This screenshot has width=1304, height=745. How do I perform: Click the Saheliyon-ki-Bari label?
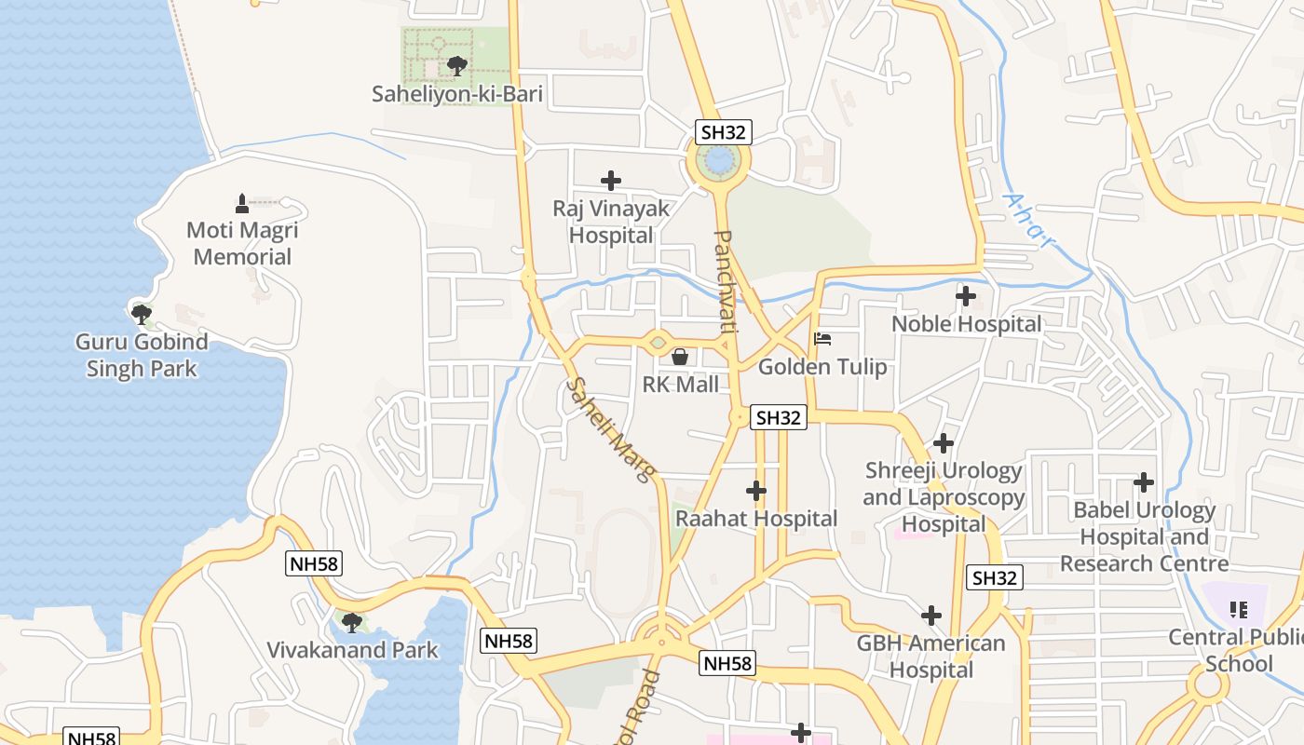(x=456, y=94)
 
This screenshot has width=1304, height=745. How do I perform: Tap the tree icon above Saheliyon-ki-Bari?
(x=456, y=65)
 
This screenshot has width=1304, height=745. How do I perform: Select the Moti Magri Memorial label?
(x=242, y=243)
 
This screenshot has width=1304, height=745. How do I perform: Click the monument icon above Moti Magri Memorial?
(x=242, y=203)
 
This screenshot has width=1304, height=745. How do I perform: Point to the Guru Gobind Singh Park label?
(x=142, y=355)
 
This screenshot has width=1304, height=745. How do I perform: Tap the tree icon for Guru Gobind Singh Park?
(x=142, y=314)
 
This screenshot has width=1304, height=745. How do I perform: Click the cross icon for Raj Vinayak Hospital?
(x=611, y=181)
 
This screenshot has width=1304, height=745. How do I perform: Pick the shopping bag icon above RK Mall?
(x=680, y=357)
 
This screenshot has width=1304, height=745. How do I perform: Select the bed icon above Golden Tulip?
(x=822, y=339)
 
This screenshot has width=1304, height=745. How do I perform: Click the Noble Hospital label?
(x=967, y=324)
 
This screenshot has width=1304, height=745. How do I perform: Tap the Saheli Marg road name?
(x=610, y=429)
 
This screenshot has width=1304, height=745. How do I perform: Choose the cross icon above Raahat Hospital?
(x=756, y=491)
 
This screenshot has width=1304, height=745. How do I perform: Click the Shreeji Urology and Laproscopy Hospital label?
(x=944, y=497)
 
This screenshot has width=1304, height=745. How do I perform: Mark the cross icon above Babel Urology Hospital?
(x=1144, y=482)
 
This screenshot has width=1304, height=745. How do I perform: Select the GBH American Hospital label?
(x=931, y=657)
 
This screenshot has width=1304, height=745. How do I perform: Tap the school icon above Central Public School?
(x=1238, y=610)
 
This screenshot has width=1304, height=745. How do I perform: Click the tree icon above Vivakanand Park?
(x=352, y=622)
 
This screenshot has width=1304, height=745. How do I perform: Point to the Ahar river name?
(x=1029, y=221)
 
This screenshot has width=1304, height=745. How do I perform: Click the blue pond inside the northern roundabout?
(x=719, y=161)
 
